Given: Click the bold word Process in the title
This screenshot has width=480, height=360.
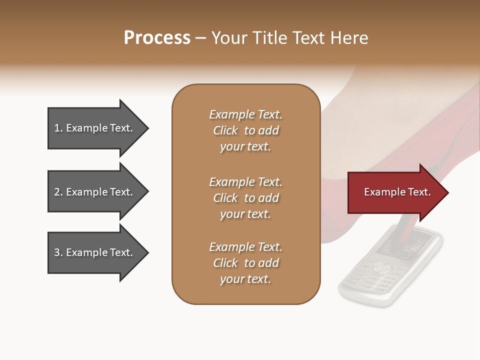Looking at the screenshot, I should click(157, 38).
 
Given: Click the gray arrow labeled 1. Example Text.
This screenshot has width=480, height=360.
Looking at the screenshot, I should click(95, 128).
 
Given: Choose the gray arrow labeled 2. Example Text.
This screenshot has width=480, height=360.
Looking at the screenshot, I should click(95, 192).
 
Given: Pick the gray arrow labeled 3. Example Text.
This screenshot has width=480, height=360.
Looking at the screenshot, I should click(95, 252).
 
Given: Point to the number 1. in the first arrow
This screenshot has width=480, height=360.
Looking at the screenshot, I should click(58, 128).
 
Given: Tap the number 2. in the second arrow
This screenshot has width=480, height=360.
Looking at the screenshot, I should click(58, 192).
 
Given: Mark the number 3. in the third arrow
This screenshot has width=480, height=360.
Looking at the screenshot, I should click(58, 252).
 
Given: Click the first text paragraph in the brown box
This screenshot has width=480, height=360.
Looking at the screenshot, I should click(245, 130).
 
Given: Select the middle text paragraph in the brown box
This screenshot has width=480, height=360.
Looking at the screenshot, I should click(245, 198).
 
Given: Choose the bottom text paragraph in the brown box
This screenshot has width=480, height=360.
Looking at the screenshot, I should click(245, 263).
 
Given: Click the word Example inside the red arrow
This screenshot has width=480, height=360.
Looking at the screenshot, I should click(381, 192).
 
